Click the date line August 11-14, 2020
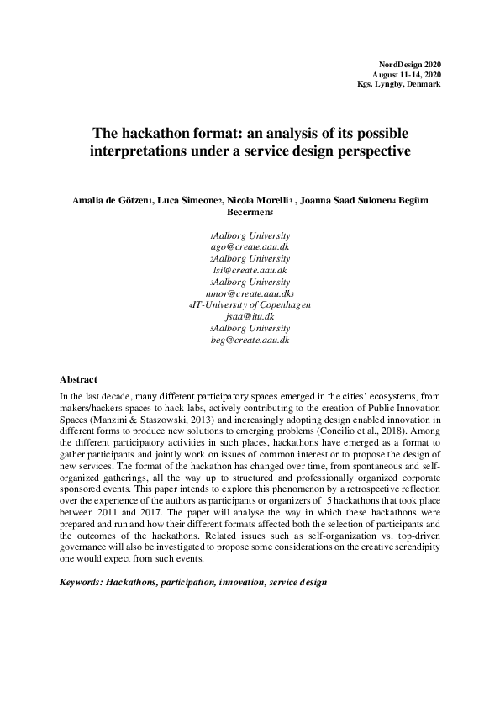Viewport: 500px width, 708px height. point(408,76)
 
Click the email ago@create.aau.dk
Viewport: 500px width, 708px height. point(250,247)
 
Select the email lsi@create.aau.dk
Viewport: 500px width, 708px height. point(250,270)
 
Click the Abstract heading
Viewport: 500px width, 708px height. point(79,379)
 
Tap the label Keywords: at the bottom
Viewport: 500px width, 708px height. point(82,582)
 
